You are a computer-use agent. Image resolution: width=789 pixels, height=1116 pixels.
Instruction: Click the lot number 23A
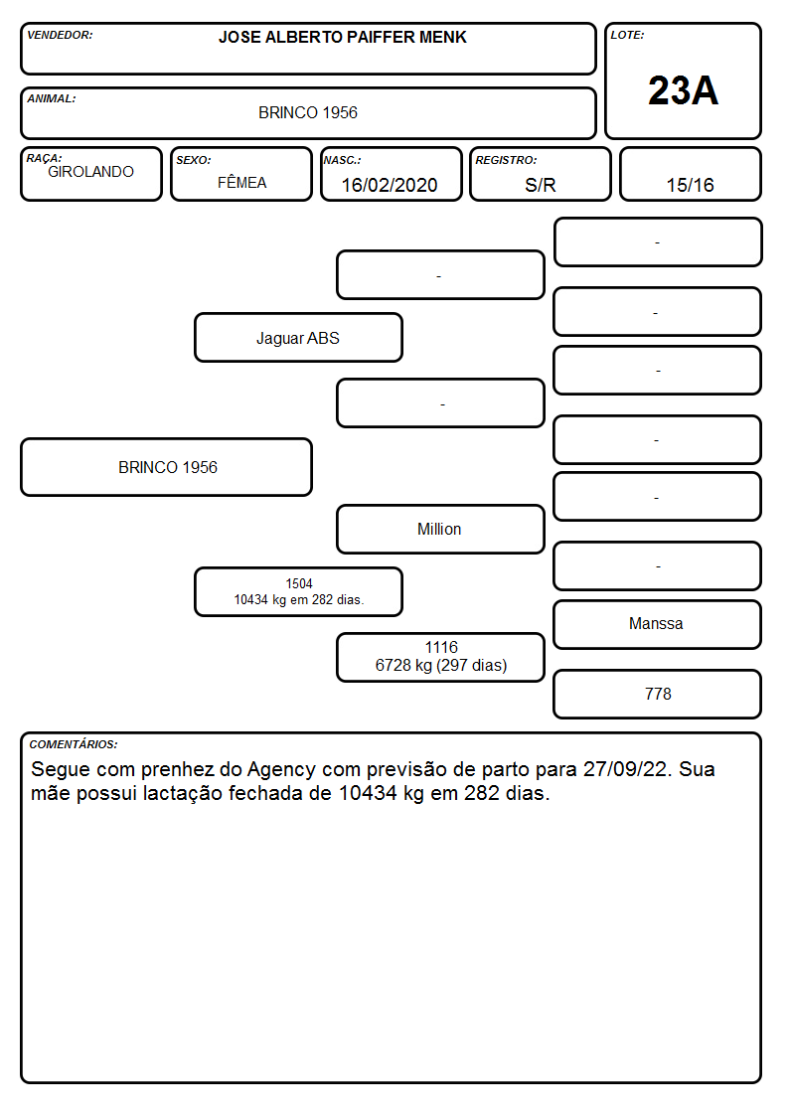click(683, 90)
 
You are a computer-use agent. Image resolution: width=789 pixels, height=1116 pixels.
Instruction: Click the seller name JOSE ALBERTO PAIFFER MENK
click(342, 37)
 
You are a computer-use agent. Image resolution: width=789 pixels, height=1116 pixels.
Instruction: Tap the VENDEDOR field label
click(60, 35)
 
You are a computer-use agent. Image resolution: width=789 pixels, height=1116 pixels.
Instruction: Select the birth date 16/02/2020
click(390, 185)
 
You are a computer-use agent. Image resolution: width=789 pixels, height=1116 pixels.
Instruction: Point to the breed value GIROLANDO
click(90, 172)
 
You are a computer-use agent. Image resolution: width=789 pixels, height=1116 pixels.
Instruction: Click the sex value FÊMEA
click(241, 182)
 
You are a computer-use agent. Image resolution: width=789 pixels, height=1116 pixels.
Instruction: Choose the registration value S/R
click(540, 185)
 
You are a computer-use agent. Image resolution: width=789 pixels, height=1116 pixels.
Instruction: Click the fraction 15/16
click(690, 185)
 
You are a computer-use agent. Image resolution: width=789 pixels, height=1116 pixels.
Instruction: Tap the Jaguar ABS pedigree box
click(298, 337)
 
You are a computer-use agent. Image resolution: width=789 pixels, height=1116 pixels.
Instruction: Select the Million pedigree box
click(440, 529)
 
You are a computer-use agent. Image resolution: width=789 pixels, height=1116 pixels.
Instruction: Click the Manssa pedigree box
click(657, 624)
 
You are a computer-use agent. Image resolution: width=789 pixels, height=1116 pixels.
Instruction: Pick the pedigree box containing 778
click(657, 694)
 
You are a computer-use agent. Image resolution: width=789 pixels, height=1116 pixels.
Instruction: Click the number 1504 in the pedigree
click(299, 583)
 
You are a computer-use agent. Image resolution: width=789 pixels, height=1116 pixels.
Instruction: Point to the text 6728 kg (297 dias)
click(441, 666)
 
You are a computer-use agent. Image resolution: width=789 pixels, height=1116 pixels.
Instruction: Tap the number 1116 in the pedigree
click(441, 647)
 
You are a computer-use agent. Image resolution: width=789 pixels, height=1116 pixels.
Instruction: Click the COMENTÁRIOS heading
click(74, 744)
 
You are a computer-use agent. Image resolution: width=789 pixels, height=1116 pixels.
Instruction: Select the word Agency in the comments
click(281, 769)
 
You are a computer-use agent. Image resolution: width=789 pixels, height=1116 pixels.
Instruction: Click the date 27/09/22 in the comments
click(626, 768)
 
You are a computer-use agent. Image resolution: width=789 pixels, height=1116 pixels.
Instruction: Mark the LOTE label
click(627, 35)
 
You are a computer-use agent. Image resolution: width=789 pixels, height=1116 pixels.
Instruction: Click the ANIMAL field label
click(52, 99)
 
